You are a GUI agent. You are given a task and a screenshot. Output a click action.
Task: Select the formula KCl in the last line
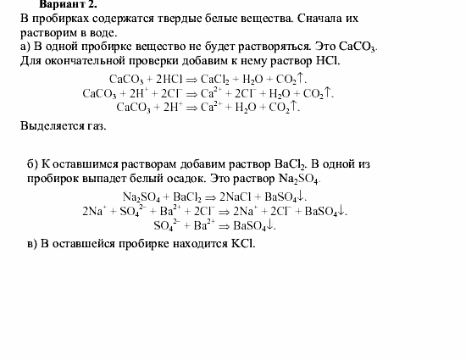(x=240, y=244)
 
